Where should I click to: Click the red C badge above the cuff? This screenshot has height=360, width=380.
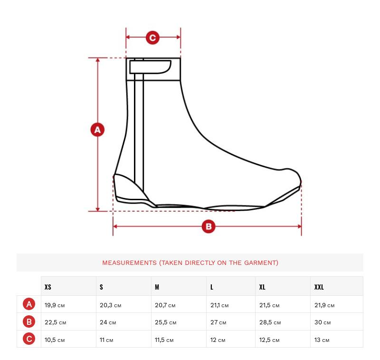coord(152,38)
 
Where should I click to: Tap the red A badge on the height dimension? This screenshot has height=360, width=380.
coord(97,129)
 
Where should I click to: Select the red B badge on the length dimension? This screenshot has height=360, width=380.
coord(209,226)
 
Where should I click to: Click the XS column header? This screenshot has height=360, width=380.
coord(48,287)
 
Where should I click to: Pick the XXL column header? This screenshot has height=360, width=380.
coord(319,287)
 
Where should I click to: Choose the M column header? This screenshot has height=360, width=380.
coord(157,287)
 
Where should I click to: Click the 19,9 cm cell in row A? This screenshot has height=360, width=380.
coord(55,305)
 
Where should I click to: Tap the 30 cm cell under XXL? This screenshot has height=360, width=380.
coord(323,322)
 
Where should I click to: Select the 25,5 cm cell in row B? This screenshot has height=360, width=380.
coord(165,322)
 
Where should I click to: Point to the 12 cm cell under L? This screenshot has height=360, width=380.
coord(218,340)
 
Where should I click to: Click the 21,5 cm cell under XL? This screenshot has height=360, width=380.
coord(269,305)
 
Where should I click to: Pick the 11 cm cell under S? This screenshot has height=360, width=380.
coord(106,340)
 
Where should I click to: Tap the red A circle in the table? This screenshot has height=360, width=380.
coord(29,304)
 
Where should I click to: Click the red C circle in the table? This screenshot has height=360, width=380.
coord(29,339)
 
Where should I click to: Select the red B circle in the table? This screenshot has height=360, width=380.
coord(29,321)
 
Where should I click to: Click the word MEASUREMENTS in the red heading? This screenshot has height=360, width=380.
coord(129,263)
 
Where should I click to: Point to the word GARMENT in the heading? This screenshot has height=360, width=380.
coord(261,263)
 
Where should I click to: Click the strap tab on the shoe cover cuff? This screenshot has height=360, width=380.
coord(150,67)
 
